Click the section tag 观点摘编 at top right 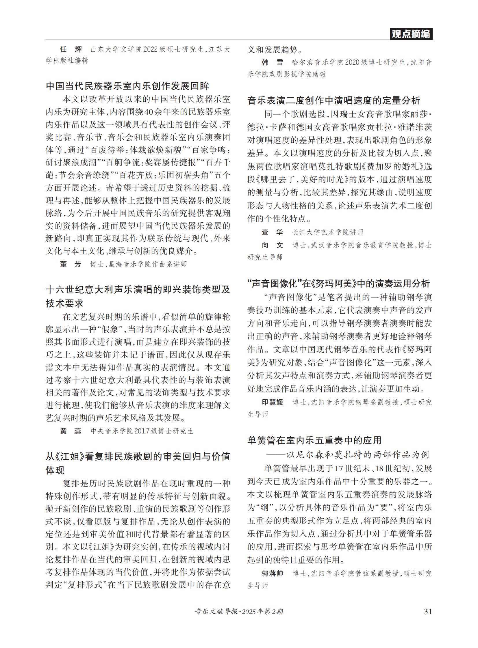point(411,34)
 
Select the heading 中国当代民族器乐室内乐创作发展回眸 point(127,86)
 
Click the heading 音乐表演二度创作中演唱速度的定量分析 point(333,100)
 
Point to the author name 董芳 point(71,264)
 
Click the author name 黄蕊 point(71,431)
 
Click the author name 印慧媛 point(272,402)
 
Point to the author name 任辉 point(71,49)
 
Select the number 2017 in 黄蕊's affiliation point(142,431)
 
